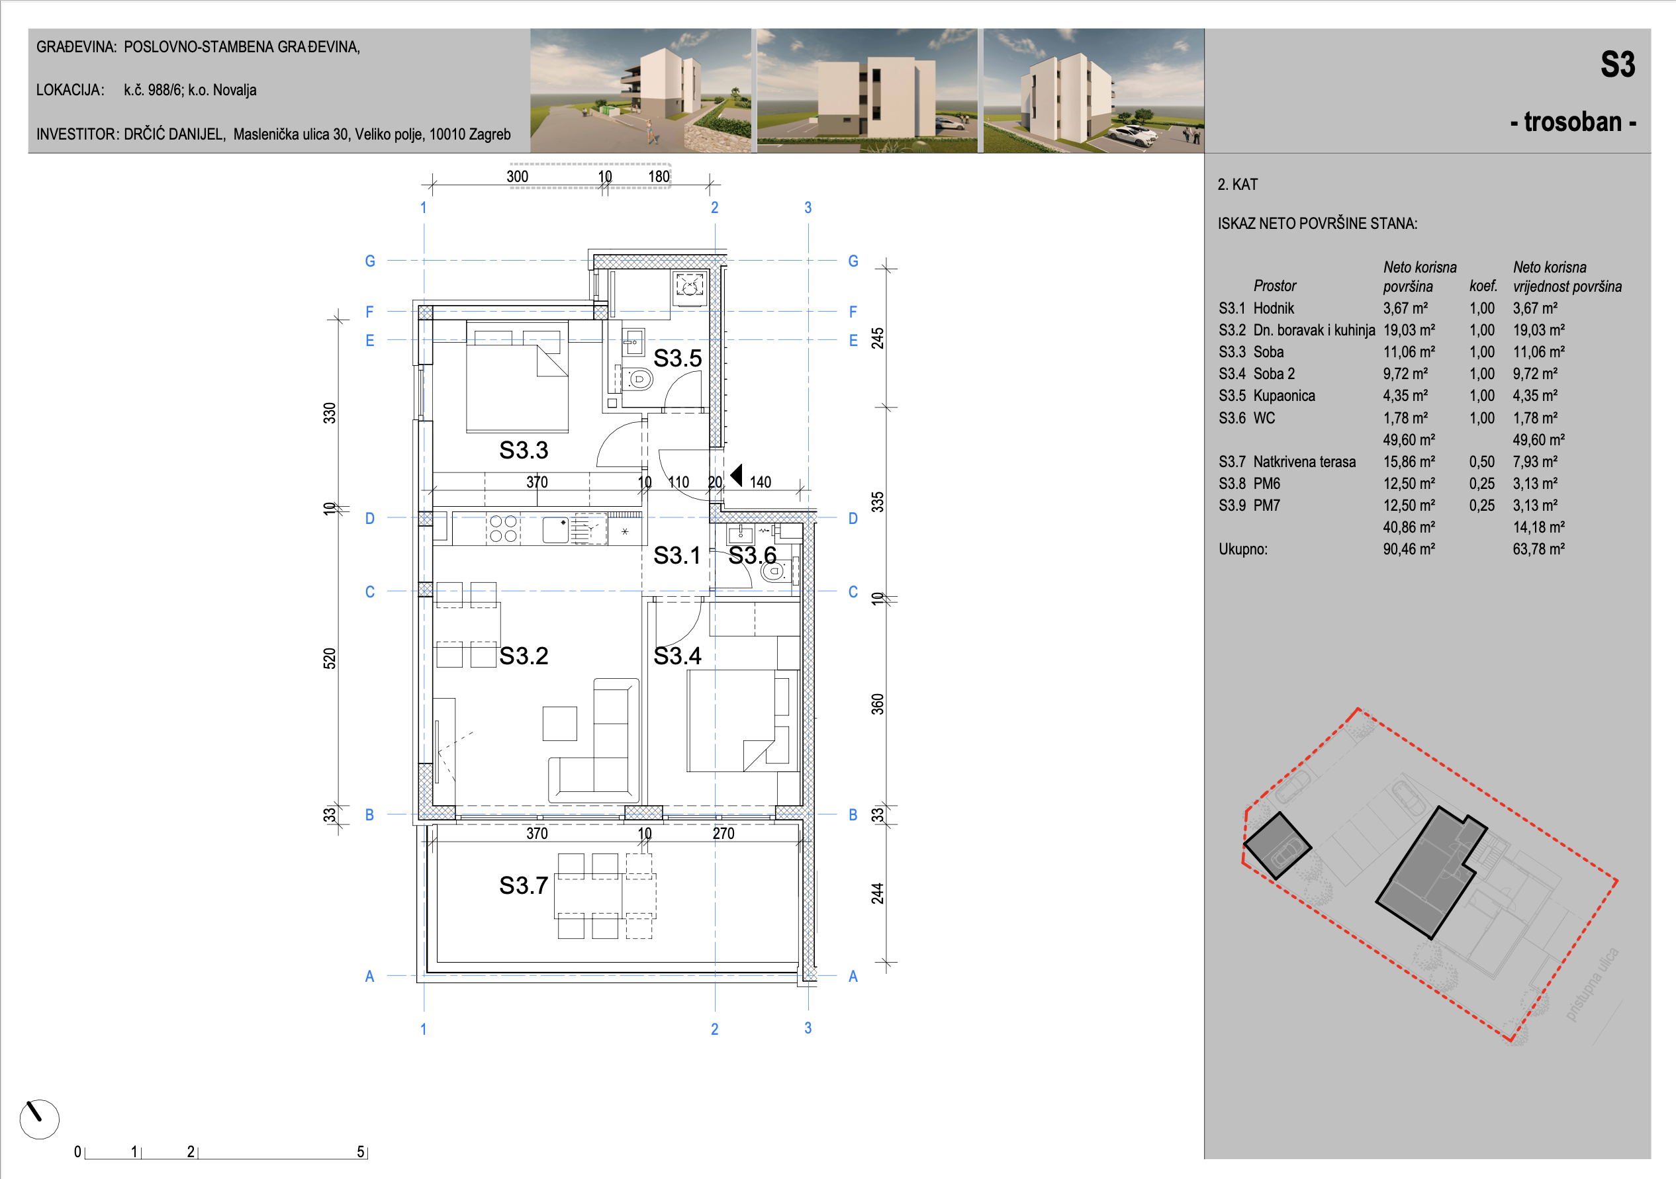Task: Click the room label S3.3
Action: [524, 450]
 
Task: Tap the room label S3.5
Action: [677, 358]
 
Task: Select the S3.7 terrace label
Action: [524, 885]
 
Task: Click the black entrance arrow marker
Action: [737, 475]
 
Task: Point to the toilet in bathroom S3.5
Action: [638, 379]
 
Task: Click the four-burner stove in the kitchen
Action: [503, 528]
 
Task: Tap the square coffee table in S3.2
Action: [560, 723]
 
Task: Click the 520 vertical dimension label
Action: [330, 658]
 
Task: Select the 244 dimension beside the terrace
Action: [878, 893]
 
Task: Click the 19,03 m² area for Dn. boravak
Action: [1409, 329]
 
